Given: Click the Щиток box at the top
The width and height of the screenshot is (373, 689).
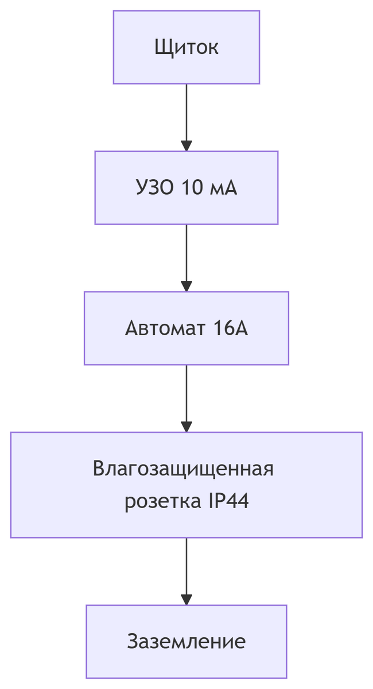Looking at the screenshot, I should (186, 47).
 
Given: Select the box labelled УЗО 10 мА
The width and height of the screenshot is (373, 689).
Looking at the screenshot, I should (186, 188).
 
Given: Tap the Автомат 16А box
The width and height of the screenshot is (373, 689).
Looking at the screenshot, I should (186, 328).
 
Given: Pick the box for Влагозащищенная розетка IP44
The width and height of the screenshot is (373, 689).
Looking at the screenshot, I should (186, 485).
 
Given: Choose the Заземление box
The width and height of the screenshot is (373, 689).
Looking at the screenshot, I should (186, 641).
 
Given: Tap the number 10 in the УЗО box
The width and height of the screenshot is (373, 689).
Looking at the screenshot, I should (191, 188).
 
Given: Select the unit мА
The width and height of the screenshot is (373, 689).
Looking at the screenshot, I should (223, 188).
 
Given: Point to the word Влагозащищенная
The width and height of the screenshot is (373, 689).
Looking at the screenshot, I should (183, 469).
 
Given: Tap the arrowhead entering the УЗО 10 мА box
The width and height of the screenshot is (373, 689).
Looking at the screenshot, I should (186, 145).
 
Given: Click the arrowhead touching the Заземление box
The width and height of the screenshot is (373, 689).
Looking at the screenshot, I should (186, 599).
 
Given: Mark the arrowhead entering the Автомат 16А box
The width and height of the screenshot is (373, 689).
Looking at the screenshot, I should (186, 286).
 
